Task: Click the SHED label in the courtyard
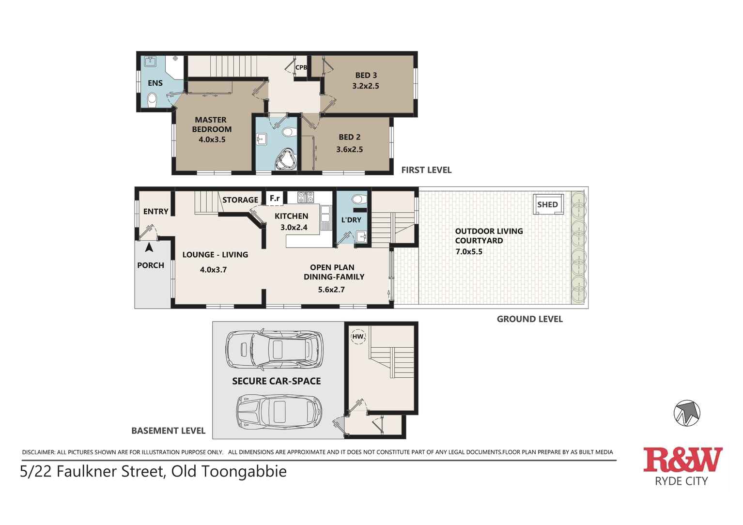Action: point(548,205)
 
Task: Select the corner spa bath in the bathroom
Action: point(286,160)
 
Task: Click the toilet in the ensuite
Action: point(152,99)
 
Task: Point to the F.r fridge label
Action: point(275,199)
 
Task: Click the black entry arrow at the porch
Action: point(149,247)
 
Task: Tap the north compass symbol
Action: point(687,413)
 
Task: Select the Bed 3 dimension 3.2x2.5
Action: point(366,86)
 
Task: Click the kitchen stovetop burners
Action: point(306,197)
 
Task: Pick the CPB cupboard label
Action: point(301,67)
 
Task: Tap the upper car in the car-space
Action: point(273,350)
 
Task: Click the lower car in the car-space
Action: point(279,412)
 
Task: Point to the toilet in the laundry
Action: point(358,200)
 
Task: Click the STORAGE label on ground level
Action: point(240,200)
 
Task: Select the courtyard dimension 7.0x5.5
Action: point(469,252)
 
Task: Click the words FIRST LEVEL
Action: point(426,170)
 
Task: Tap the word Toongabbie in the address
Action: point(244,472)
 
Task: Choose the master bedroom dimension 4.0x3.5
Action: point(212,139)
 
